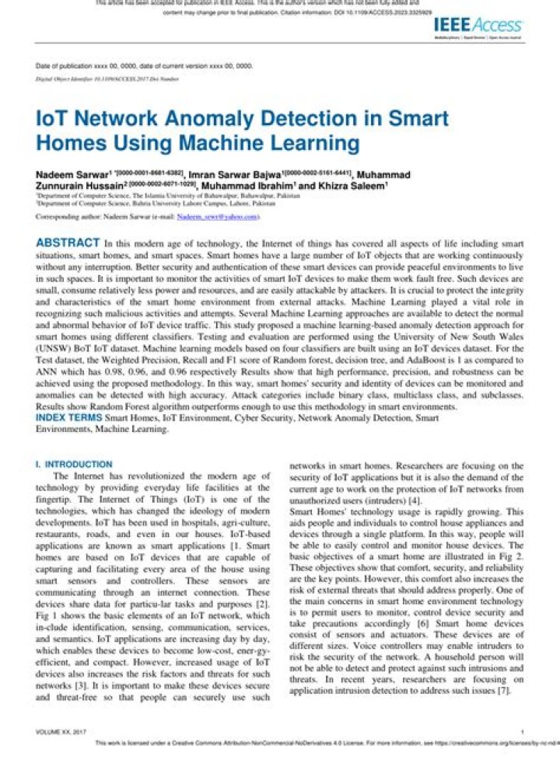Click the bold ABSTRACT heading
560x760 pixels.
click(x=68, y=243)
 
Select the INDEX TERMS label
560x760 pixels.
click(x=68, y=417)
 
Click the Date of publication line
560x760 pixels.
click(x=145, y=66)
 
